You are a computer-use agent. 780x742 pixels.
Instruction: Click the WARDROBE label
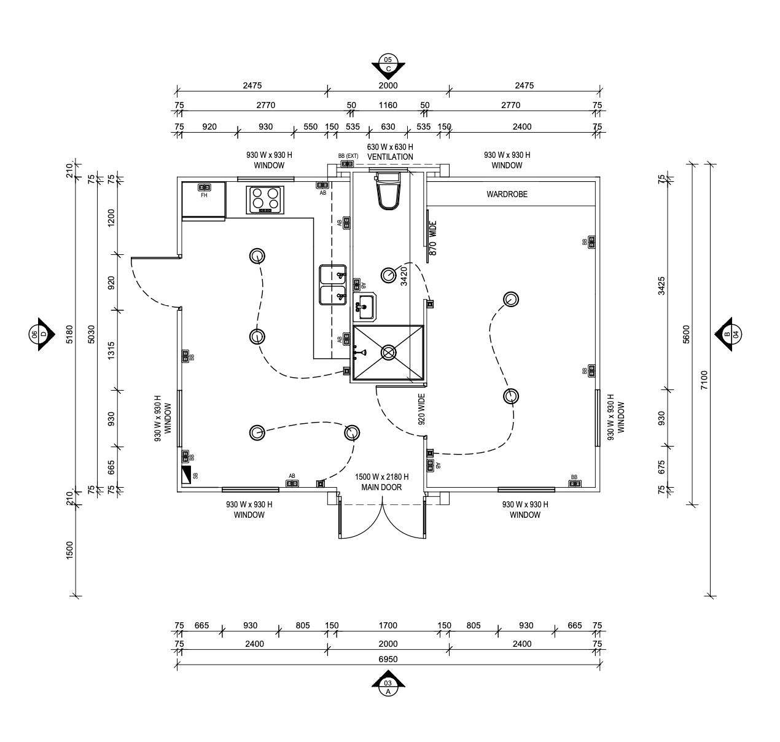coord(507,195)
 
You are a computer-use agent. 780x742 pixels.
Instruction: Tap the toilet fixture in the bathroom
coord(388,192)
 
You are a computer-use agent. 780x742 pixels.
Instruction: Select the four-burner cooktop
coord(265,200)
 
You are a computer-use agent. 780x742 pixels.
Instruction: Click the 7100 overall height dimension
coord(704,380)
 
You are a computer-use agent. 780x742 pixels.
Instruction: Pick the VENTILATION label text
coord(390,157)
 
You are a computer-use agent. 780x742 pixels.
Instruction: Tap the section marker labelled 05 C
coord(388,64)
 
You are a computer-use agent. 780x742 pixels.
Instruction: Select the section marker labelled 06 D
coord(39,334)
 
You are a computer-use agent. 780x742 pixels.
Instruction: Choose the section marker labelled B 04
coord(731,335)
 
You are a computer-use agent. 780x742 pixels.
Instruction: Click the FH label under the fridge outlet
coord(204,195)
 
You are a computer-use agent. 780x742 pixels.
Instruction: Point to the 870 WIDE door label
coord(432,238)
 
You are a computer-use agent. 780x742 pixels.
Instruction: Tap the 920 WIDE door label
coord(421,410)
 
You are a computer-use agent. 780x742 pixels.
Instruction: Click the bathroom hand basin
coord(365,307)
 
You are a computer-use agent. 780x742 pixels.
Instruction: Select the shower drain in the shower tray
coord(388,353)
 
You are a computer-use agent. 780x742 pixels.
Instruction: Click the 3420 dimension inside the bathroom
coord(404,276)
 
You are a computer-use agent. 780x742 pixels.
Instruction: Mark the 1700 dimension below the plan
coord(388,626)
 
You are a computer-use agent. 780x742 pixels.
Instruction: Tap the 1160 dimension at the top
coord(388,105)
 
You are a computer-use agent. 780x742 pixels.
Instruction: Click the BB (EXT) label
coord(348,156)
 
